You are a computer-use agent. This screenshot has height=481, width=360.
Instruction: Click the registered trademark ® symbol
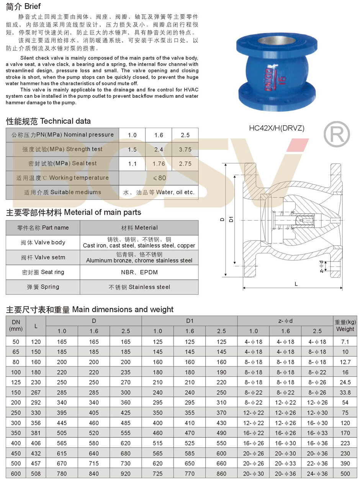tap(337, 133)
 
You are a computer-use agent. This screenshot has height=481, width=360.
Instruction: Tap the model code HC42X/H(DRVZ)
tap(277, 129)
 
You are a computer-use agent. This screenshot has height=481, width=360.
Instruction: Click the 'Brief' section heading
tap(23, 7)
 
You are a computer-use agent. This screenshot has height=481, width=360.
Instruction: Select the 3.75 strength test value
tap(185, 149)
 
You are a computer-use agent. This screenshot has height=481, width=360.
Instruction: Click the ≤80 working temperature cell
tap(159, 178)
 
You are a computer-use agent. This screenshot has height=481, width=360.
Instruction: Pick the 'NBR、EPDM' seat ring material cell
tap(139, 272)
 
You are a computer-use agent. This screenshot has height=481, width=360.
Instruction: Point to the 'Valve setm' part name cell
tap(43, 257)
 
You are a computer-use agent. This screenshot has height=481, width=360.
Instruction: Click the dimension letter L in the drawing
tap(296, 284)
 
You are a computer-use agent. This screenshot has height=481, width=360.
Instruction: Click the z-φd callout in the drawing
tap(321, 266)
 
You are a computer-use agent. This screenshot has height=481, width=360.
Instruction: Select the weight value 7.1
tap(345, 341)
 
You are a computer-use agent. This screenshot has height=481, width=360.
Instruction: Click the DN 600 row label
tap(16, 474)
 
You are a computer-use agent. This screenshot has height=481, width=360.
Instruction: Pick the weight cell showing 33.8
tap(345, 392)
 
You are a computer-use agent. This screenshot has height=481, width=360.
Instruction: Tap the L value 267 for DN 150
tap(36, 392)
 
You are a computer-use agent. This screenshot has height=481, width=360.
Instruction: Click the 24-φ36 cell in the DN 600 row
tap(317, 474)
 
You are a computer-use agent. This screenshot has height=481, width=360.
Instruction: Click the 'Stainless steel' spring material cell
tap(139, 287)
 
